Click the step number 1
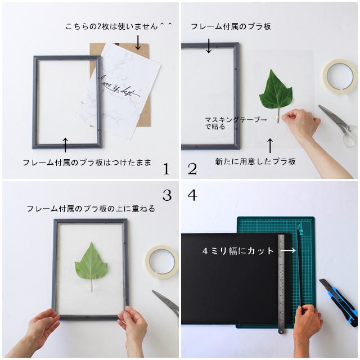[166, 169]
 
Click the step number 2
[192, 169]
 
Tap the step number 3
[167, 195]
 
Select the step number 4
[192, 195]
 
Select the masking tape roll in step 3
[161, 262]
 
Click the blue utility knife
[339, 299]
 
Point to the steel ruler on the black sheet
[281, 283]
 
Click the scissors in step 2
[339, 125]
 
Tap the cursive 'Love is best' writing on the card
[119, 88]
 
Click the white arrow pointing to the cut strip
[288, 250]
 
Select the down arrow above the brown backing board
[137, 42]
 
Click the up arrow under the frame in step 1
[65, 145]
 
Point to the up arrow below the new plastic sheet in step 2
[271, 146]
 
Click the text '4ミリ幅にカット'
[238, 251]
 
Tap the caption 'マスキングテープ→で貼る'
[236, 123]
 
